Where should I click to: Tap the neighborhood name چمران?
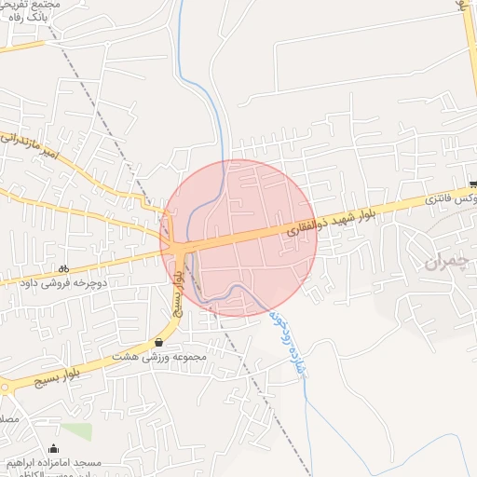(x=443, y=264)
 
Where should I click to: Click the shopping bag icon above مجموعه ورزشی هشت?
(x=158, y=342)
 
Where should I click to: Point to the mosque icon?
(x=53, y=449)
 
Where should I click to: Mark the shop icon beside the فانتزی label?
(x=472, y=184)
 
